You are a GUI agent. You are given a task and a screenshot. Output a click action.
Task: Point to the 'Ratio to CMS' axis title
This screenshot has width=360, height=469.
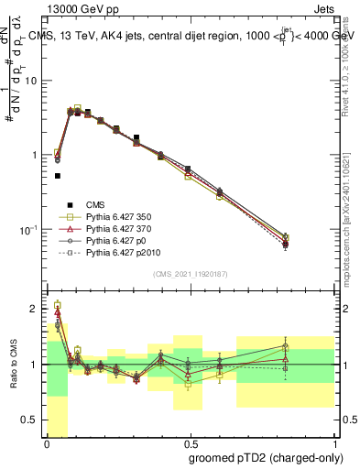(x=12, y=365)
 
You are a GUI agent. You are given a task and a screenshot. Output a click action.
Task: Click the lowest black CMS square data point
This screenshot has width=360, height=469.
(x=57, y=176)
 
